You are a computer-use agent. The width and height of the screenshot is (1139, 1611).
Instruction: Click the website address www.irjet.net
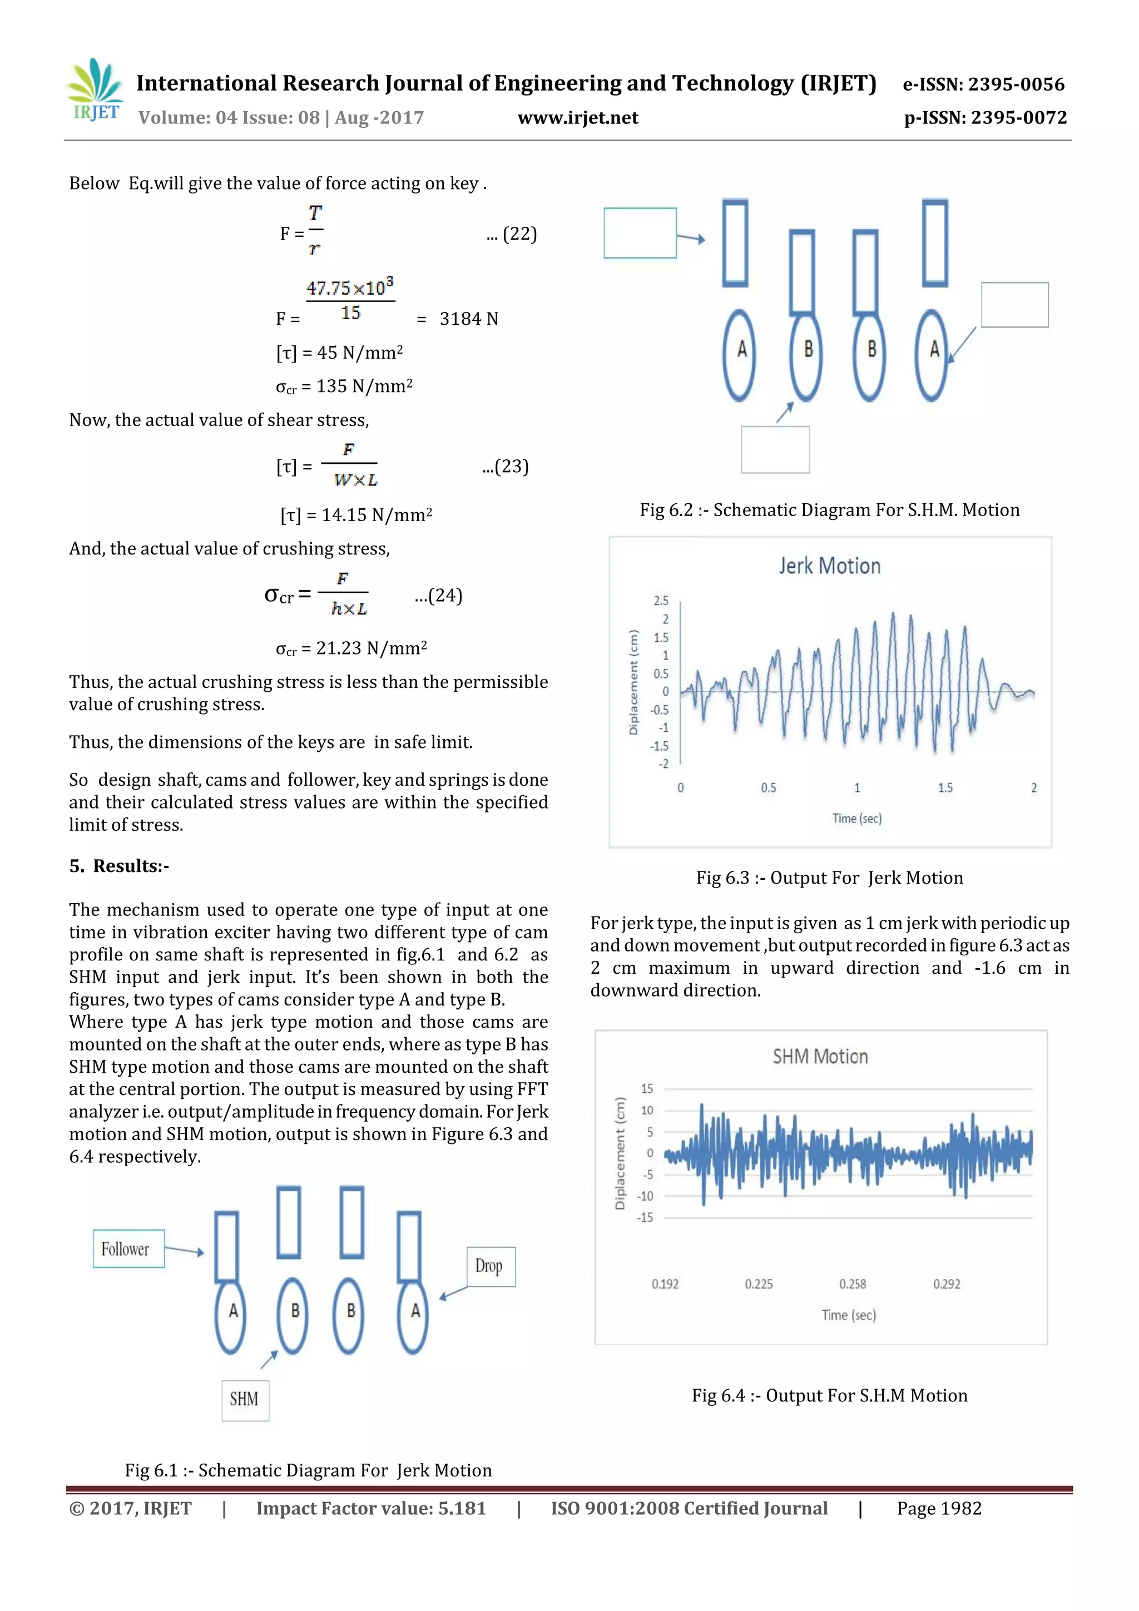pos(578,118)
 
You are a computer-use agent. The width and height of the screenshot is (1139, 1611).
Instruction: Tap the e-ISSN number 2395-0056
pos(1016,84)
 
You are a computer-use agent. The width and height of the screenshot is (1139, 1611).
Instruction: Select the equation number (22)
pos(519,234)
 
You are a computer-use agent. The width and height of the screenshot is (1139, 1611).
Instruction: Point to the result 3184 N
pos(468,319)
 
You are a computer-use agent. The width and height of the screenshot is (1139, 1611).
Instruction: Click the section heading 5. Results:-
pos(118,866)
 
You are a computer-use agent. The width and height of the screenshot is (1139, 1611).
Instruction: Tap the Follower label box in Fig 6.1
pos(128,1249)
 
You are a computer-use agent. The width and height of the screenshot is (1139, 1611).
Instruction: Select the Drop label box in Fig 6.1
pos(490,1266)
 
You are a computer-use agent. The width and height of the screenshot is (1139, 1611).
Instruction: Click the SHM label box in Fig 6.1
pos(245,1400)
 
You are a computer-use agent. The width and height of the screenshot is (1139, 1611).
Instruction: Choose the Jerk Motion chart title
pos(829,566)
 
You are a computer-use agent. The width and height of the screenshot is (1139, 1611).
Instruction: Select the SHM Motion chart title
pos(820,1057)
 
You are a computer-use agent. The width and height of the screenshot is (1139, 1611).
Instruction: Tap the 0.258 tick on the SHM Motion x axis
pos(852,1284)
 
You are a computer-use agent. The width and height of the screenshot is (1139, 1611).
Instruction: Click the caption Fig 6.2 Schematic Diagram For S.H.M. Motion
pos(829,510)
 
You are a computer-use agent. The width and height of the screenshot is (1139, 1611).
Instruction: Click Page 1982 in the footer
pos(938,1509)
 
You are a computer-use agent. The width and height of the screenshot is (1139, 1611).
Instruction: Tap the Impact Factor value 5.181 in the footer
pos(370,1509)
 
